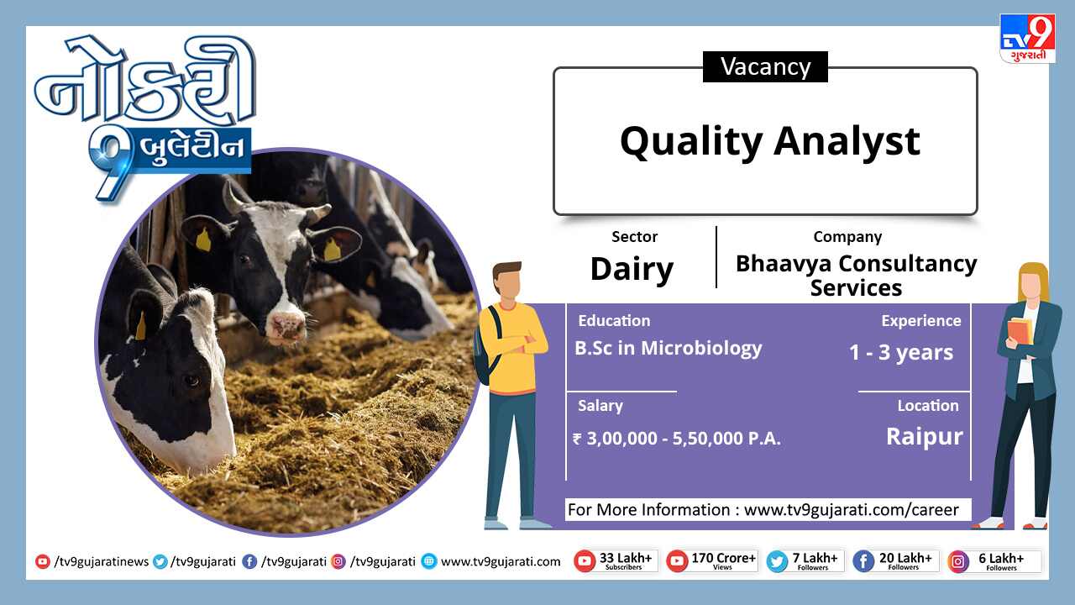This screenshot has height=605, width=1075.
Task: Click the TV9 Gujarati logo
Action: (1027, 39)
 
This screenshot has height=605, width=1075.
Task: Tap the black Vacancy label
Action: (765, 66)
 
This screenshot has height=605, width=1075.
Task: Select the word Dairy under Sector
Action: (632, 270)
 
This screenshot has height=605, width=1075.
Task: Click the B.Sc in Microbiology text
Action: (668, 349)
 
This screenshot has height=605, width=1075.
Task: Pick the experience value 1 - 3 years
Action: (901, 352)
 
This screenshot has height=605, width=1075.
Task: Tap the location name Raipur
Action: (925, 437)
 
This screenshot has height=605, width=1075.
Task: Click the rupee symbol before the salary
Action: (577, 439)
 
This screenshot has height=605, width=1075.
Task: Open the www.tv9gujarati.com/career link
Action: (851, 510)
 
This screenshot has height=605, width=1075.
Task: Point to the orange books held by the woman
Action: (1020, 331)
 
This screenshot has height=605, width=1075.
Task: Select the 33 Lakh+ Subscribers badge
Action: (616, 561)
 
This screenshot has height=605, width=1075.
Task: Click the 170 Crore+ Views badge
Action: (711, 561)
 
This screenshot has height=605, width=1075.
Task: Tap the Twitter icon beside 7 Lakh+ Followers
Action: (777, 562)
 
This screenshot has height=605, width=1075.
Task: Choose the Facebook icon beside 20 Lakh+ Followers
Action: (863, 562)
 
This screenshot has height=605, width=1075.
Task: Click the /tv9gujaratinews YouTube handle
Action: (102, 562)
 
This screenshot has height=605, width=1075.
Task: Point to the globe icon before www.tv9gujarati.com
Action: (429, 561)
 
